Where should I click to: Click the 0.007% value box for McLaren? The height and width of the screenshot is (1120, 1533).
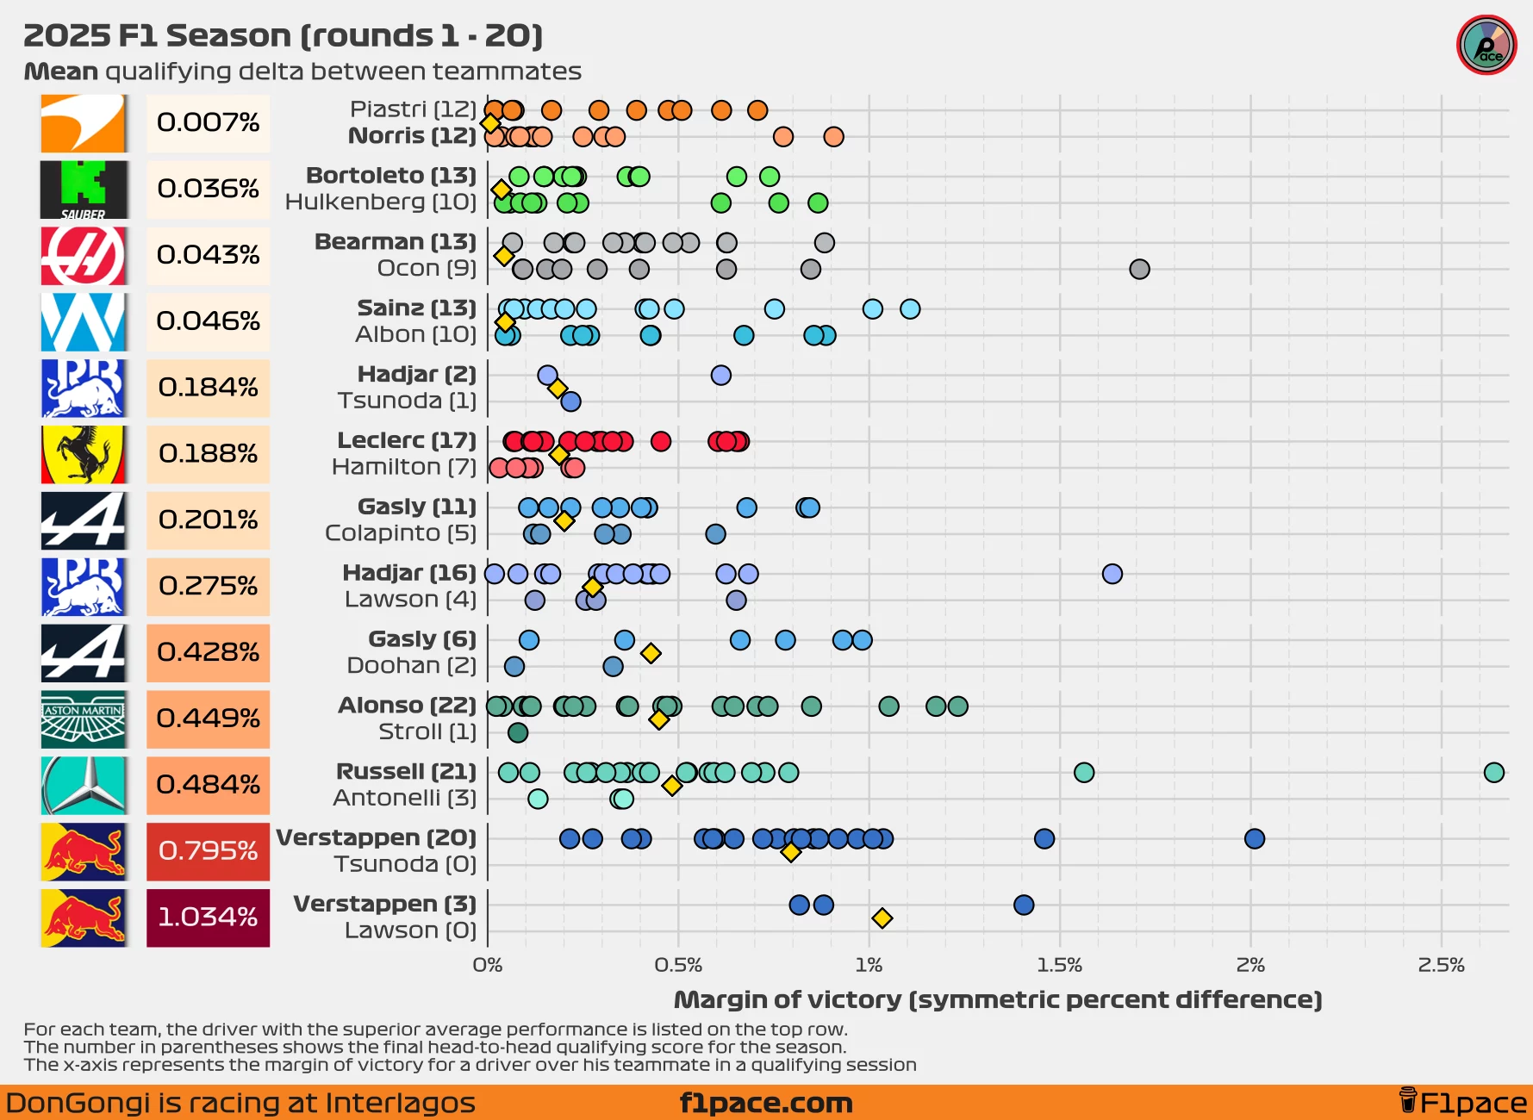tap(208, 123)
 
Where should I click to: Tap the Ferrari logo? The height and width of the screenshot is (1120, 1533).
tap(84, 454)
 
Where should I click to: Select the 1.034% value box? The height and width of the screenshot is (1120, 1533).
tap(208, 918)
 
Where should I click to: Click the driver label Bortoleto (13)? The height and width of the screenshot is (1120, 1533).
tap(391, 176)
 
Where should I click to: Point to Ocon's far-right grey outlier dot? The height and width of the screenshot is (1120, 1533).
tap(1139, 270)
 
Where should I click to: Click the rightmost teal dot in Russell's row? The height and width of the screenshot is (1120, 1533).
tap(1494, 773)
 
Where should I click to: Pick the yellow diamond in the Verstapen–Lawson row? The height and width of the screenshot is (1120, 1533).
tap(882, 918)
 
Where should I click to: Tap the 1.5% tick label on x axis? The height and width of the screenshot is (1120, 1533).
tap(1059, 966)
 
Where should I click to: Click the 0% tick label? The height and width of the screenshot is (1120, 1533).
tap(488, 966)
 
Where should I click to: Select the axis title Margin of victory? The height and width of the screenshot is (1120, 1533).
tap(997, 1000)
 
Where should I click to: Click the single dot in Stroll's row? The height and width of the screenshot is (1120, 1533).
tap(518, 733)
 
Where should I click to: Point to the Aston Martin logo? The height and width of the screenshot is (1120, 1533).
tap(84, 719)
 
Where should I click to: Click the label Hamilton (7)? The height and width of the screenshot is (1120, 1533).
tap(403, 468)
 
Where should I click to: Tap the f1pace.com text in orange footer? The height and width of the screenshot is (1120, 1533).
tap(765, 1104)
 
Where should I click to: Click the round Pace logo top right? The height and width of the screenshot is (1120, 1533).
tap(1486, 46)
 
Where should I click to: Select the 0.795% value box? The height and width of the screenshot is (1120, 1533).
tap(208, 851)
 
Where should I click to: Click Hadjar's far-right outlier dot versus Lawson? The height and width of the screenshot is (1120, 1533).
tap(1112, 574)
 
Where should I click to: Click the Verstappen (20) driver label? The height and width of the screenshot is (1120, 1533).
tap(376, 838)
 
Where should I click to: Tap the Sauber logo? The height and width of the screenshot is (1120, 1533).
tap(84, 190)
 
